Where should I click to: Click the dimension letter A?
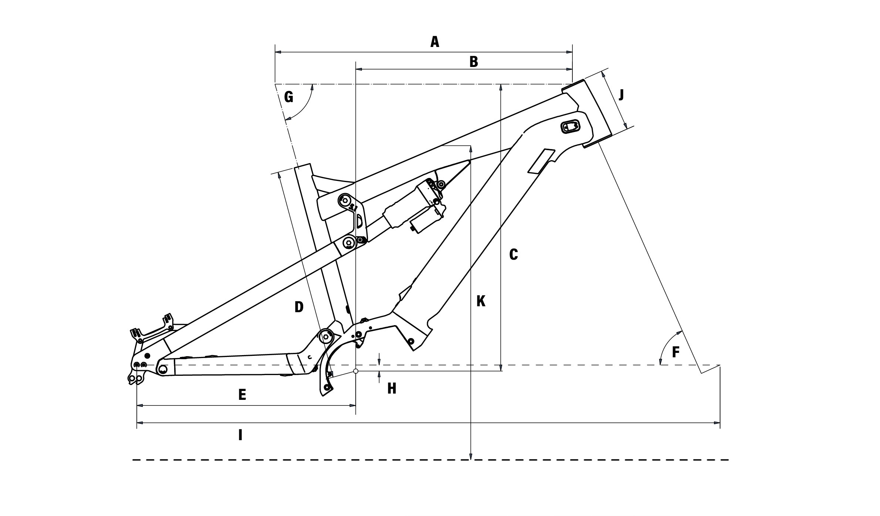point(435,42)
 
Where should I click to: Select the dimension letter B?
point(474,62)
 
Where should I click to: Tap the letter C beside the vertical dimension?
point(513,254)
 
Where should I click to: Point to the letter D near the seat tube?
point(299,307)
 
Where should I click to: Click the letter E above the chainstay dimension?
point(242,395)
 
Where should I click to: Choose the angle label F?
point(676,352)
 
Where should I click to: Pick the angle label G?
point(289,97)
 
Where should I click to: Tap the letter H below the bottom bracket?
point(392,389)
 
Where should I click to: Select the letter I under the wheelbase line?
point(240,435)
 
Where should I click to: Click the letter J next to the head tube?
point(621,95)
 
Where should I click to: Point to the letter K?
point(481,301)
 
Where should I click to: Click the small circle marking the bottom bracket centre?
point(356,371)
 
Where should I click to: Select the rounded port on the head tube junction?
point(571,127)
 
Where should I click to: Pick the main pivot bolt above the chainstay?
point(326,336)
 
